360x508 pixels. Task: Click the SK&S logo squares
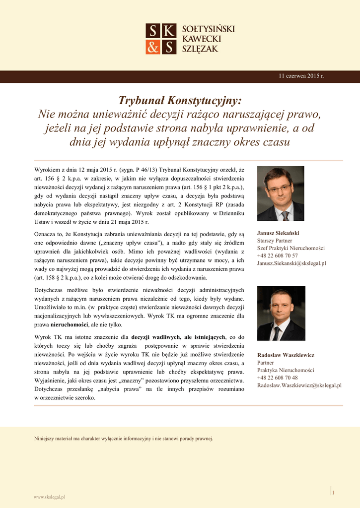[x=161, y=39]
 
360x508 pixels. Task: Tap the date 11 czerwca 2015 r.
[x=301, y=76]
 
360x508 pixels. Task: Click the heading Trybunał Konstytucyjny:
[x=180, y=101]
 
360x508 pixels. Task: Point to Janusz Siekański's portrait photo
[x=281, y=193]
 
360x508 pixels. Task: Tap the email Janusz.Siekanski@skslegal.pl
[x=291, y=263]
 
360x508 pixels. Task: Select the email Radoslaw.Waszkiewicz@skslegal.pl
[x=299, y=385]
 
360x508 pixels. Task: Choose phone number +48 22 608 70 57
[x=277, y=255]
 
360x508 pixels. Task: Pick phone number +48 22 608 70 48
[x=277, y=378]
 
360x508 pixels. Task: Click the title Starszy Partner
[x=274, y=241]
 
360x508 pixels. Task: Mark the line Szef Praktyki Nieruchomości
[x=290, y=248]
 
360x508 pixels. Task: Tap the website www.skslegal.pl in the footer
[x=49, y=496]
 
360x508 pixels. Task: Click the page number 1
[x=333, y=492]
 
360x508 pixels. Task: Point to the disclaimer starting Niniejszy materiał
[x=123, y=439]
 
